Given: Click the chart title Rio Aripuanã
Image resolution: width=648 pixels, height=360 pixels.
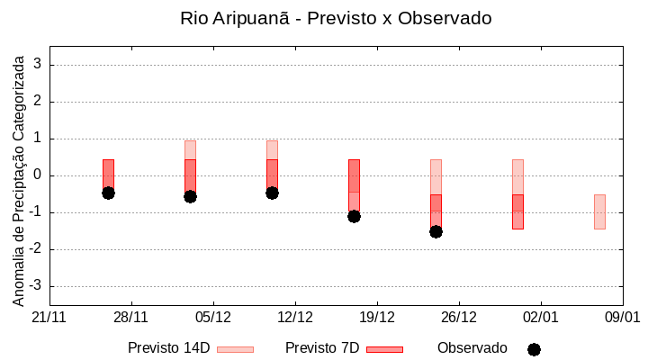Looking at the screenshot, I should [336, 18].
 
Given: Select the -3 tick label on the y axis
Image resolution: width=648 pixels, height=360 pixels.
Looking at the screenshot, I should [36, 286].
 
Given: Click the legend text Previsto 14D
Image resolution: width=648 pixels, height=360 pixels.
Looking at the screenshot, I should [168, 348].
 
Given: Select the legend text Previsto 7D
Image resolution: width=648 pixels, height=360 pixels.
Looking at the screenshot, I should [321, 348].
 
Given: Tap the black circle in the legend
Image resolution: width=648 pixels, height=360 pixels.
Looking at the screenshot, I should [534, 349].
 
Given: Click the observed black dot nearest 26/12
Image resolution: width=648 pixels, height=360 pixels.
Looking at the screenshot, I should [436, 231].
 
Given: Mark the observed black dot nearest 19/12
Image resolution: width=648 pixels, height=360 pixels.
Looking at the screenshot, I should [354, 216].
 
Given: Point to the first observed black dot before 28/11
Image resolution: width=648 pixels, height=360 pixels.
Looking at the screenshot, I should [108, 193].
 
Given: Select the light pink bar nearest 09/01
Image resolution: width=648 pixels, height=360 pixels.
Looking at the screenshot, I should [599, 211].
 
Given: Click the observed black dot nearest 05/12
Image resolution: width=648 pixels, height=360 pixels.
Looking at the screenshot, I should [190, 196].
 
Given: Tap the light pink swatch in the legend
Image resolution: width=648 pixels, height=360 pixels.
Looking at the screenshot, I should [236, 349].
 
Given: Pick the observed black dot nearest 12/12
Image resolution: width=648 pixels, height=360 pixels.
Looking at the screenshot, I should [272, 193].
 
